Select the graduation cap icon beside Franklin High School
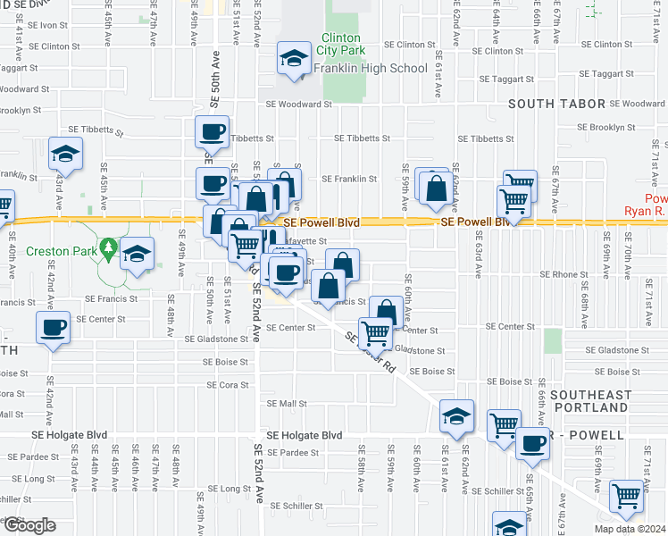[x=292, y=60]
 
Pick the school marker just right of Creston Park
[x=138, y=255]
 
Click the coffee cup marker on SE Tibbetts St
[x=213, y=133]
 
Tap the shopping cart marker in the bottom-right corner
[x=626, y=496]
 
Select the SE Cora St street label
[x=226, y=385]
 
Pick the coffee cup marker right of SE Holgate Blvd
[x=532, y=444]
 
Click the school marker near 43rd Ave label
[x=65, y=155]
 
